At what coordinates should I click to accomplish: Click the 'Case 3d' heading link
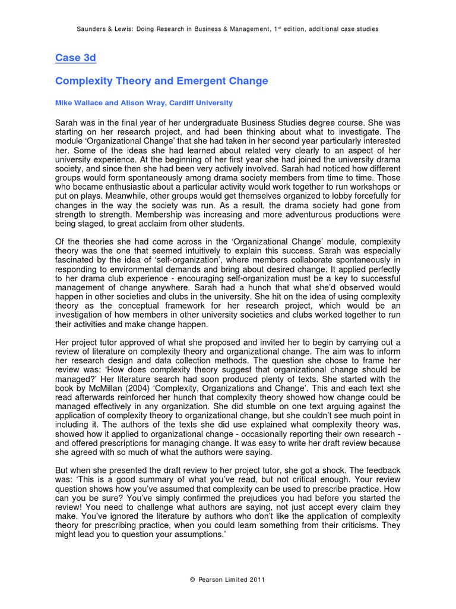tap(75, 58)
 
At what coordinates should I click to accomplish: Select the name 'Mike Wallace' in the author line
tap(78, 103)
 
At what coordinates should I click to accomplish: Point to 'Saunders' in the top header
tap(93, 29)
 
